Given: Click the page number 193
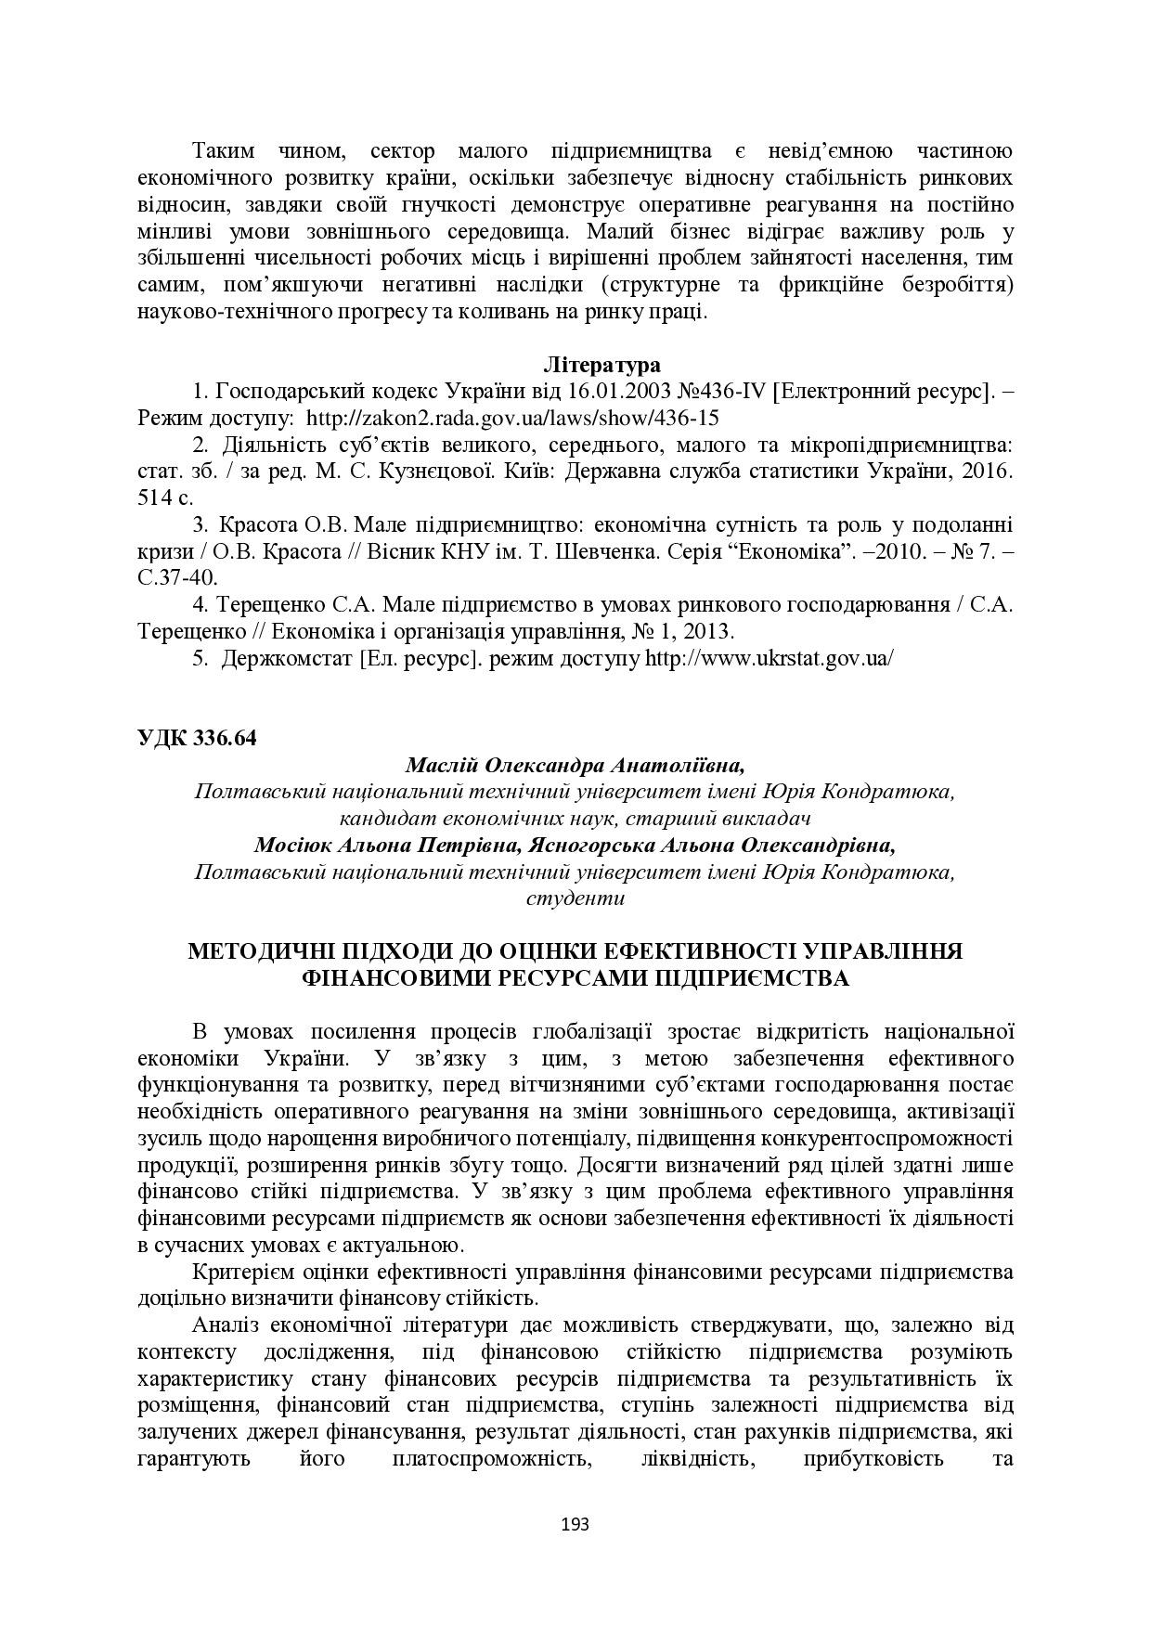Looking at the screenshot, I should [575, 1524].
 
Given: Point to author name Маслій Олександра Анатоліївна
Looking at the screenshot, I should [575, 766].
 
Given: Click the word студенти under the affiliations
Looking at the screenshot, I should [575, 898].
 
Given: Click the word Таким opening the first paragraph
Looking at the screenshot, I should [223, 151].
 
